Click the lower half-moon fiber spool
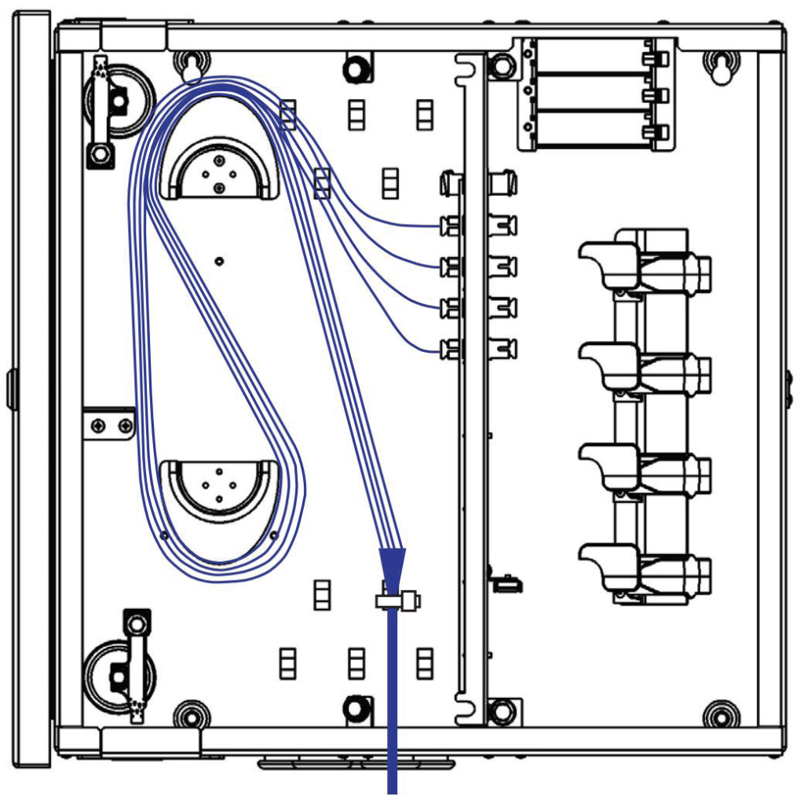(x=218, y=491)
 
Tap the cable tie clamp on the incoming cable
(x=398, y=602)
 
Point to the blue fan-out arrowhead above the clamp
(x=393, y=564)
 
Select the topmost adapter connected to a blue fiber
(x=451, y=226)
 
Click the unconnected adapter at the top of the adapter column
(x=451, y=184)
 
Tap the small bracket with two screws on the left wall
(x=110, y=425)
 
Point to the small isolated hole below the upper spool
(x=220, y=260)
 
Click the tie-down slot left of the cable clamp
(x=321, y=595)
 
